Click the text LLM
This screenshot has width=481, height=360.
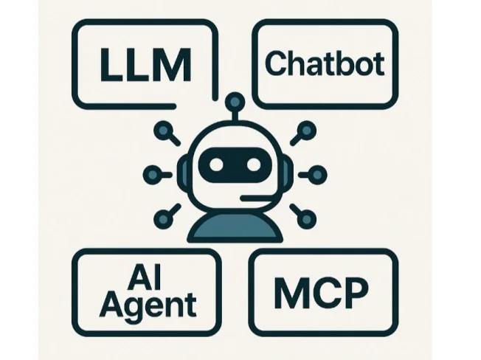146,65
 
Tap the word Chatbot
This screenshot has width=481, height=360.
325,63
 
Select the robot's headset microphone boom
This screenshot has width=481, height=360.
257,198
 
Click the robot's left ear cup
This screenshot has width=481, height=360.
182,175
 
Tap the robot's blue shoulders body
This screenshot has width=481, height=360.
235,227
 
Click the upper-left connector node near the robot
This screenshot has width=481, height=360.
164,131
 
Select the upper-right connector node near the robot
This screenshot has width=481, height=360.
306,131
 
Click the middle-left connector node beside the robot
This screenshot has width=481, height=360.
153,175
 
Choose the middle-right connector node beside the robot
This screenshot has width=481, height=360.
317,175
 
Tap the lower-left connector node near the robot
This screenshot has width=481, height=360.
164,219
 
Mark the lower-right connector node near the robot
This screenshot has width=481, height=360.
306,219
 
